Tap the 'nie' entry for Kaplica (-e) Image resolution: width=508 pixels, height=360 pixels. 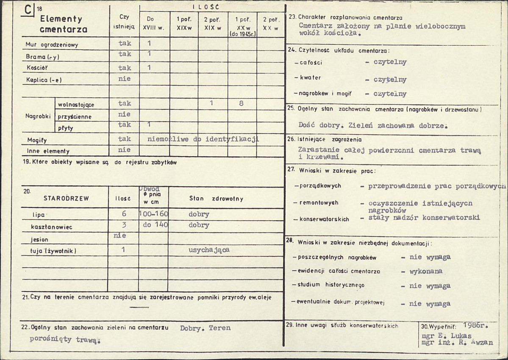coord(125,78)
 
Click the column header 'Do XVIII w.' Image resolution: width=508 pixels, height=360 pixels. coord(155,24)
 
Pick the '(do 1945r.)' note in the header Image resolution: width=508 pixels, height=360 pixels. coord(242,34)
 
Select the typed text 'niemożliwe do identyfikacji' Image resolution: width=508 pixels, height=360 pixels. coord(203,139)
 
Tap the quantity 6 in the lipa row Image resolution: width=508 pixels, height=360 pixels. coord(124,214)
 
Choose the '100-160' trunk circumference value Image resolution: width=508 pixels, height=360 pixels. coord(153,214)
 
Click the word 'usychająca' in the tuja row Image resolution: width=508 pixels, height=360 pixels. coord(209,250)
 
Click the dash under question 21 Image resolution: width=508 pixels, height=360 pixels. coord(139,307)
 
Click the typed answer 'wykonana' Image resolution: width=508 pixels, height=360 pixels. coord(426,271)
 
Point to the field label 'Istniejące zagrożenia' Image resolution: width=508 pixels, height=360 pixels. coord(330,139)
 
